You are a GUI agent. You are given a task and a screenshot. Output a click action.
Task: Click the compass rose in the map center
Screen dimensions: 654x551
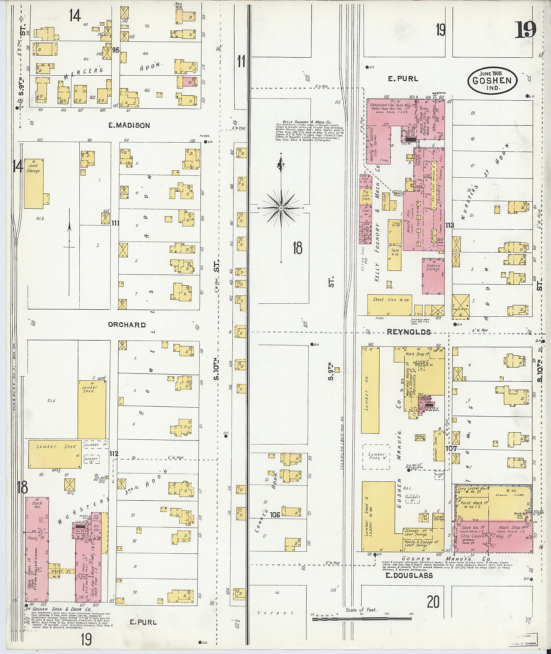[281, 208]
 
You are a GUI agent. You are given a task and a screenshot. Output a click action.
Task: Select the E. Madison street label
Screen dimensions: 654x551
[129, 125]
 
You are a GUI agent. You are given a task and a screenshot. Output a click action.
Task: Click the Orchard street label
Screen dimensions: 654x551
[127, 325]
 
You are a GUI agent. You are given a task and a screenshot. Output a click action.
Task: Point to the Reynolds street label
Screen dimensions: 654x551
[409, 332]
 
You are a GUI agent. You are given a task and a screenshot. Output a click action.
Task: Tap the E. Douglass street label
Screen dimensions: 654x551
[409, 576]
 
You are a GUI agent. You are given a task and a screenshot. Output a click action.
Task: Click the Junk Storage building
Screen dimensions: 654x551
[33, 184]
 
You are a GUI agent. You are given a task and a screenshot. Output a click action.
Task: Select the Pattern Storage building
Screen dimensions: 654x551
[433, 276]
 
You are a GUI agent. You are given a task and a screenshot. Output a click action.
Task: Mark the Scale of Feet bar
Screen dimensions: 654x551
[361, 619]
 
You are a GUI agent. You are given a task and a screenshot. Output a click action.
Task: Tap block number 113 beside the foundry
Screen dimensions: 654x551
[450, 225]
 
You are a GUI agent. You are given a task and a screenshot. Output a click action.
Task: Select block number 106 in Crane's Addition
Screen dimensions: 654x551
[275, 515]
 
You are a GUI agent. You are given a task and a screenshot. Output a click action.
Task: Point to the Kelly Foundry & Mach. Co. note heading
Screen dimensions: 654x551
[307, 122]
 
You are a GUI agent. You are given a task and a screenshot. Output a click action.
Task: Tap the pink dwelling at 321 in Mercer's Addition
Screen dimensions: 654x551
[190, 82]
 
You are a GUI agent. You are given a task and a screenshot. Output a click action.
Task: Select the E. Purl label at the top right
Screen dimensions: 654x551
[403, 79]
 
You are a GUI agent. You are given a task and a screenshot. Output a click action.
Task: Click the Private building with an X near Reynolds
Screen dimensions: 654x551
[460, 306]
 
